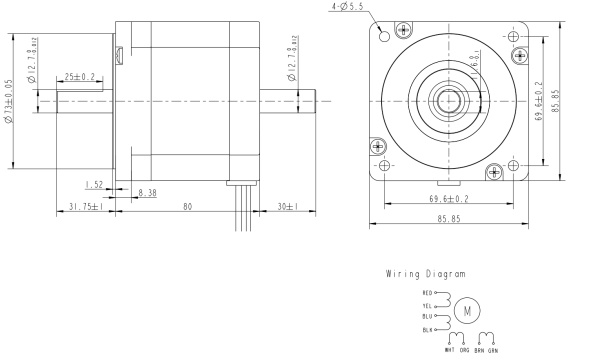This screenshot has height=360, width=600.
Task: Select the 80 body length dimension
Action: [187, 207]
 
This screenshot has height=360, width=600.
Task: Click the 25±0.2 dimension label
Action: [81, 76]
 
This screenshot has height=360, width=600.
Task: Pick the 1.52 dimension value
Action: [94, 184]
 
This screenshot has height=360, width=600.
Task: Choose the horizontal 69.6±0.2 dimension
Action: [449, 199]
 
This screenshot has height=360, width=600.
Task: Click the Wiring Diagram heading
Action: [424, 273]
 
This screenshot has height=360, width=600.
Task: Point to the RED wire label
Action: [428, 292]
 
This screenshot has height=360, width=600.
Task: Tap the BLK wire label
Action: [428, 329]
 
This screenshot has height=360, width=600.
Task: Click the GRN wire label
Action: [492, 350]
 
